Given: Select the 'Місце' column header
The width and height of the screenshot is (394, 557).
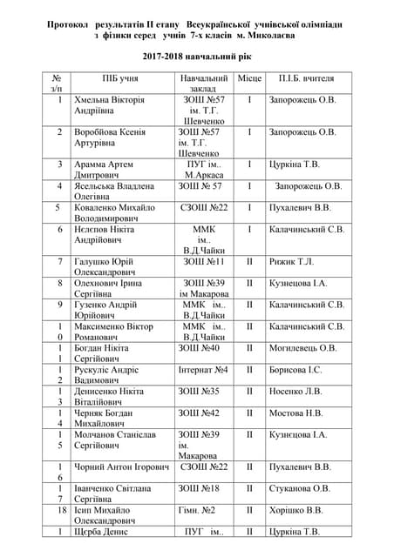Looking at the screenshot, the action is click(x=249, y=79).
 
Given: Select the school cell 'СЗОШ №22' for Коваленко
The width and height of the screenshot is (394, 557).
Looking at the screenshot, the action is click(x=203, y=208).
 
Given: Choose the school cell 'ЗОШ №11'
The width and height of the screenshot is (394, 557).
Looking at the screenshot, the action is click(x=203, y=261).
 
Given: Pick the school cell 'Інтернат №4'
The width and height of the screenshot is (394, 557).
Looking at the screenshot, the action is click(x=202, y=370).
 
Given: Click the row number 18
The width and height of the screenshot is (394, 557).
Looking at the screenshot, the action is click(x=59, y=510).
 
